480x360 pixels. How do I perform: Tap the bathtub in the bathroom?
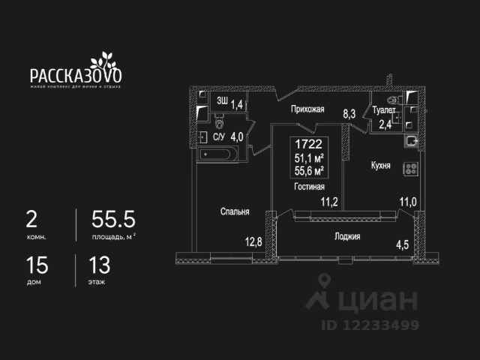[x=219, y=155]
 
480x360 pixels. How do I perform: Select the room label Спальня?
[x=234, y=211]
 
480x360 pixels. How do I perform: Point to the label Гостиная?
[x=310, y=187]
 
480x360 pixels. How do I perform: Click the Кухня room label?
[x=379, y=165]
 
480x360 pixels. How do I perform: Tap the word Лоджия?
[x=347, y=236]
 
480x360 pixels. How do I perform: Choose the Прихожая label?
[x=307, y=109]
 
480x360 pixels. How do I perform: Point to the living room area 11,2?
[x=329, y=200]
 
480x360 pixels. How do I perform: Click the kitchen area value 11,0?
[x=408, y=200]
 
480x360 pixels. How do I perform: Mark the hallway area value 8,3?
[x=349, y=114]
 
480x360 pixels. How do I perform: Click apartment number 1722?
[x=310, y=142]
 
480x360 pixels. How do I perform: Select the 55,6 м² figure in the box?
[x=310, y=171]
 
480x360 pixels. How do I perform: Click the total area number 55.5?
[x=113, y=220]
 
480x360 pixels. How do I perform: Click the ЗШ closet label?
[x=222, y=100]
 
